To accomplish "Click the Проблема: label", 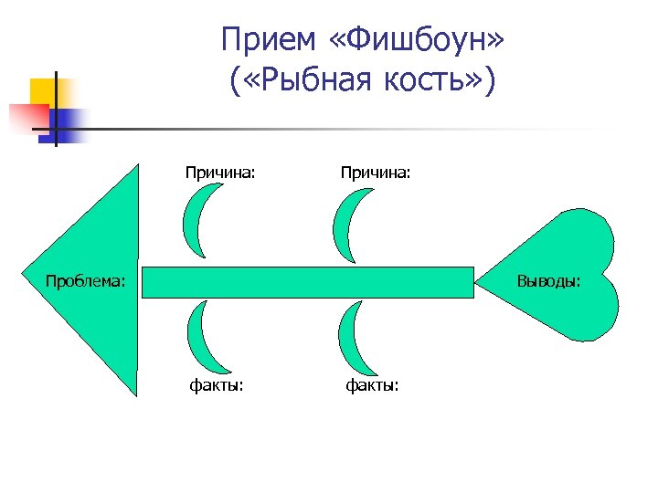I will (86, 280).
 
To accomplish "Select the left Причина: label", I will (219, 171).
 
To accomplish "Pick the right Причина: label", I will (375, 171).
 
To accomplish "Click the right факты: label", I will (372, 385).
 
